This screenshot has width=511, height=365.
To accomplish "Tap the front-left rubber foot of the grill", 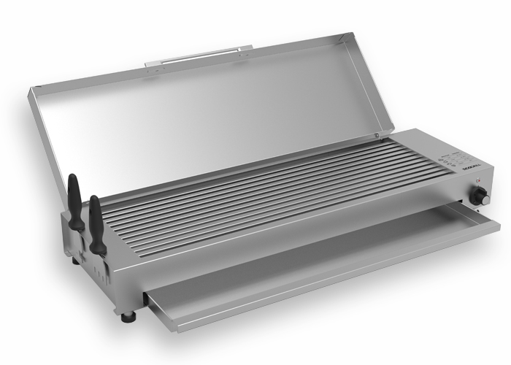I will (x=129, y=318).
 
